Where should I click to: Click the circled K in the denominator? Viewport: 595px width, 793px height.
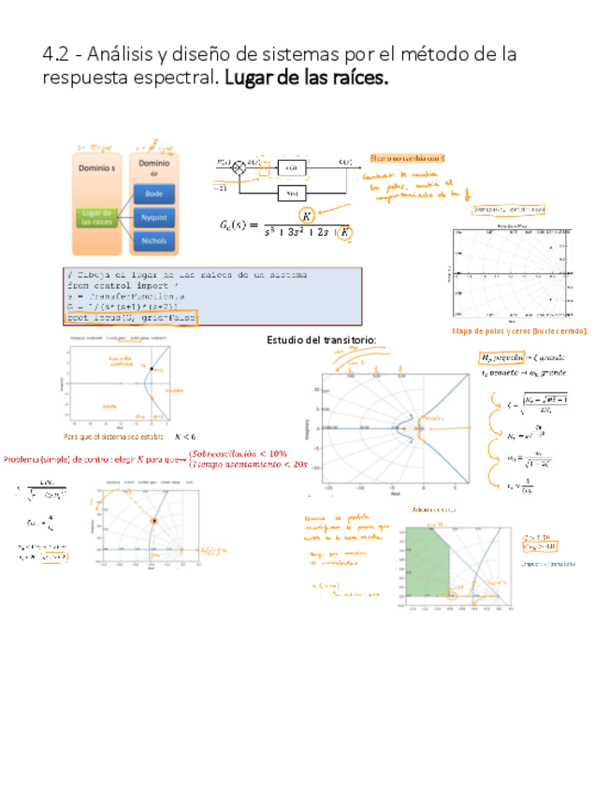(345, 232)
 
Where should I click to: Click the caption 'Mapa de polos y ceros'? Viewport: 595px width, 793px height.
(519, 331)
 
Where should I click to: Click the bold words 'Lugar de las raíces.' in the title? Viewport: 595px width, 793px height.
(306, 79)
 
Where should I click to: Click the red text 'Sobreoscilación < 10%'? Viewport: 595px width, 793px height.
(238, 454)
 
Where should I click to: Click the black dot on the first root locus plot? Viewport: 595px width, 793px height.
(149, 370)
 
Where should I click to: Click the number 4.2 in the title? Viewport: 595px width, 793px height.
(55, 54)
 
